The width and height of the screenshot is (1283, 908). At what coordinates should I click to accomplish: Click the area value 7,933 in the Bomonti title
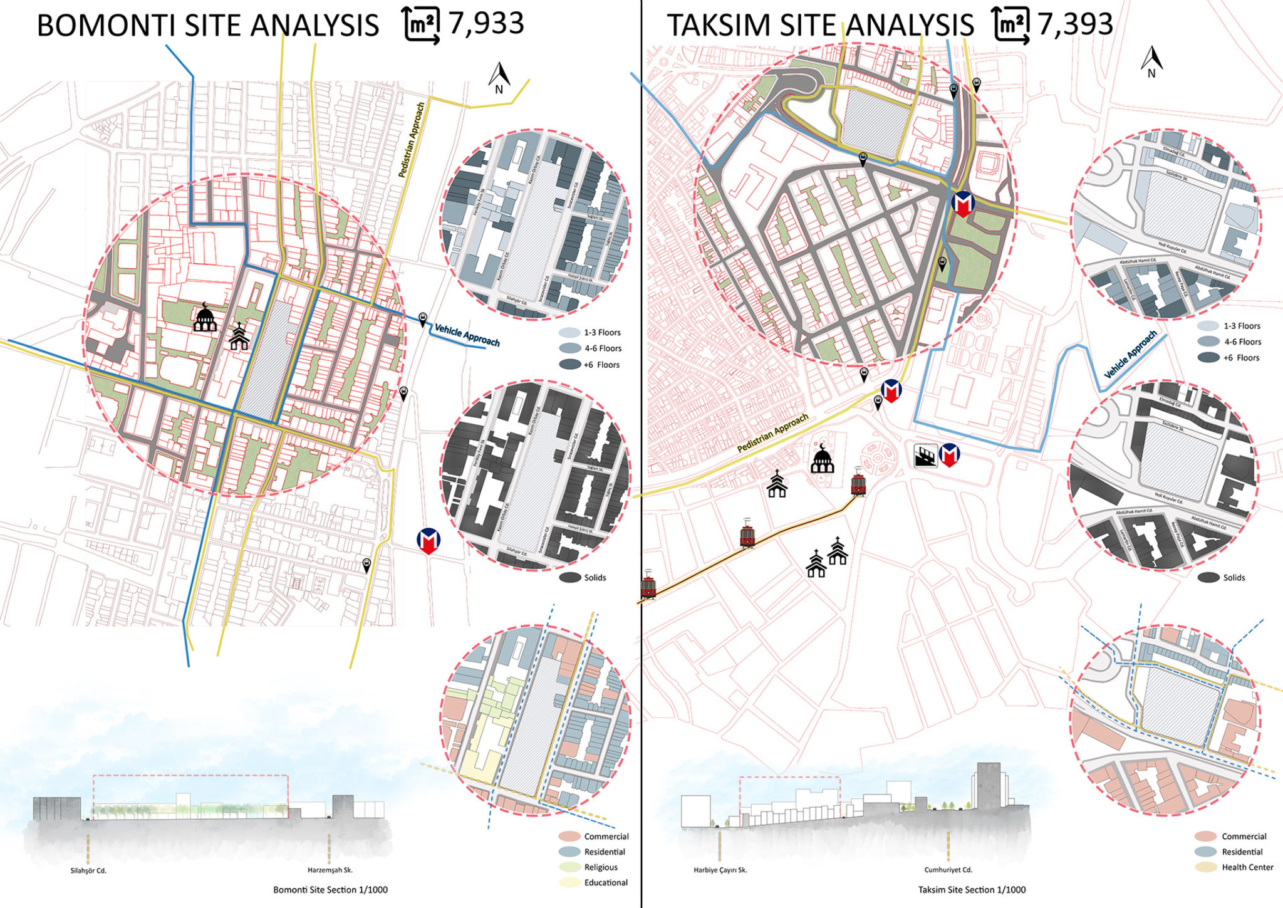point(486,24)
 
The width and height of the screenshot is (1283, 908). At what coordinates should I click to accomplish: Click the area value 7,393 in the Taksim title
point(1075,24)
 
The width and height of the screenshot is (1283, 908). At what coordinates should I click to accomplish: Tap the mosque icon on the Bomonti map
point(205,318)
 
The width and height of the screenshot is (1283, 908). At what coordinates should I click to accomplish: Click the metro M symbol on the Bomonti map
point(429,541)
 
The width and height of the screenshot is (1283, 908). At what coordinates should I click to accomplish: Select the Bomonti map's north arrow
point(499,78)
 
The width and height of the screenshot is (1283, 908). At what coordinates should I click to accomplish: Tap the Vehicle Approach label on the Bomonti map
point(467,335)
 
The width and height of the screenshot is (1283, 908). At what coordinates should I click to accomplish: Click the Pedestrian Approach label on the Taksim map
point(772,433)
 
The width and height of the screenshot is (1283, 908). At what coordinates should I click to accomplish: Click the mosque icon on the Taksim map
point(822,459)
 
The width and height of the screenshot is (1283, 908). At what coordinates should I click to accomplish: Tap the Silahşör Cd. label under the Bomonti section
point(88,870)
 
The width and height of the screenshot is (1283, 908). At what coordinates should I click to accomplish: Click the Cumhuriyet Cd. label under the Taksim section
point(948,870)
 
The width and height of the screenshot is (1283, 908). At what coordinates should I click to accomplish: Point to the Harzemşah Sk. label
point(330,870)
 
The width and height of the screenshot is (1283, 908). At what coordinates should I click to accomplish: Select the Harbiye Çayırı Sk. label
point(720,870)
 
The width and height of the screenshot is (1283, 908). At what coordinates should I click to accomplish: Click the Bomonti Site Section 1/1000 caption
point(330,890)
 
